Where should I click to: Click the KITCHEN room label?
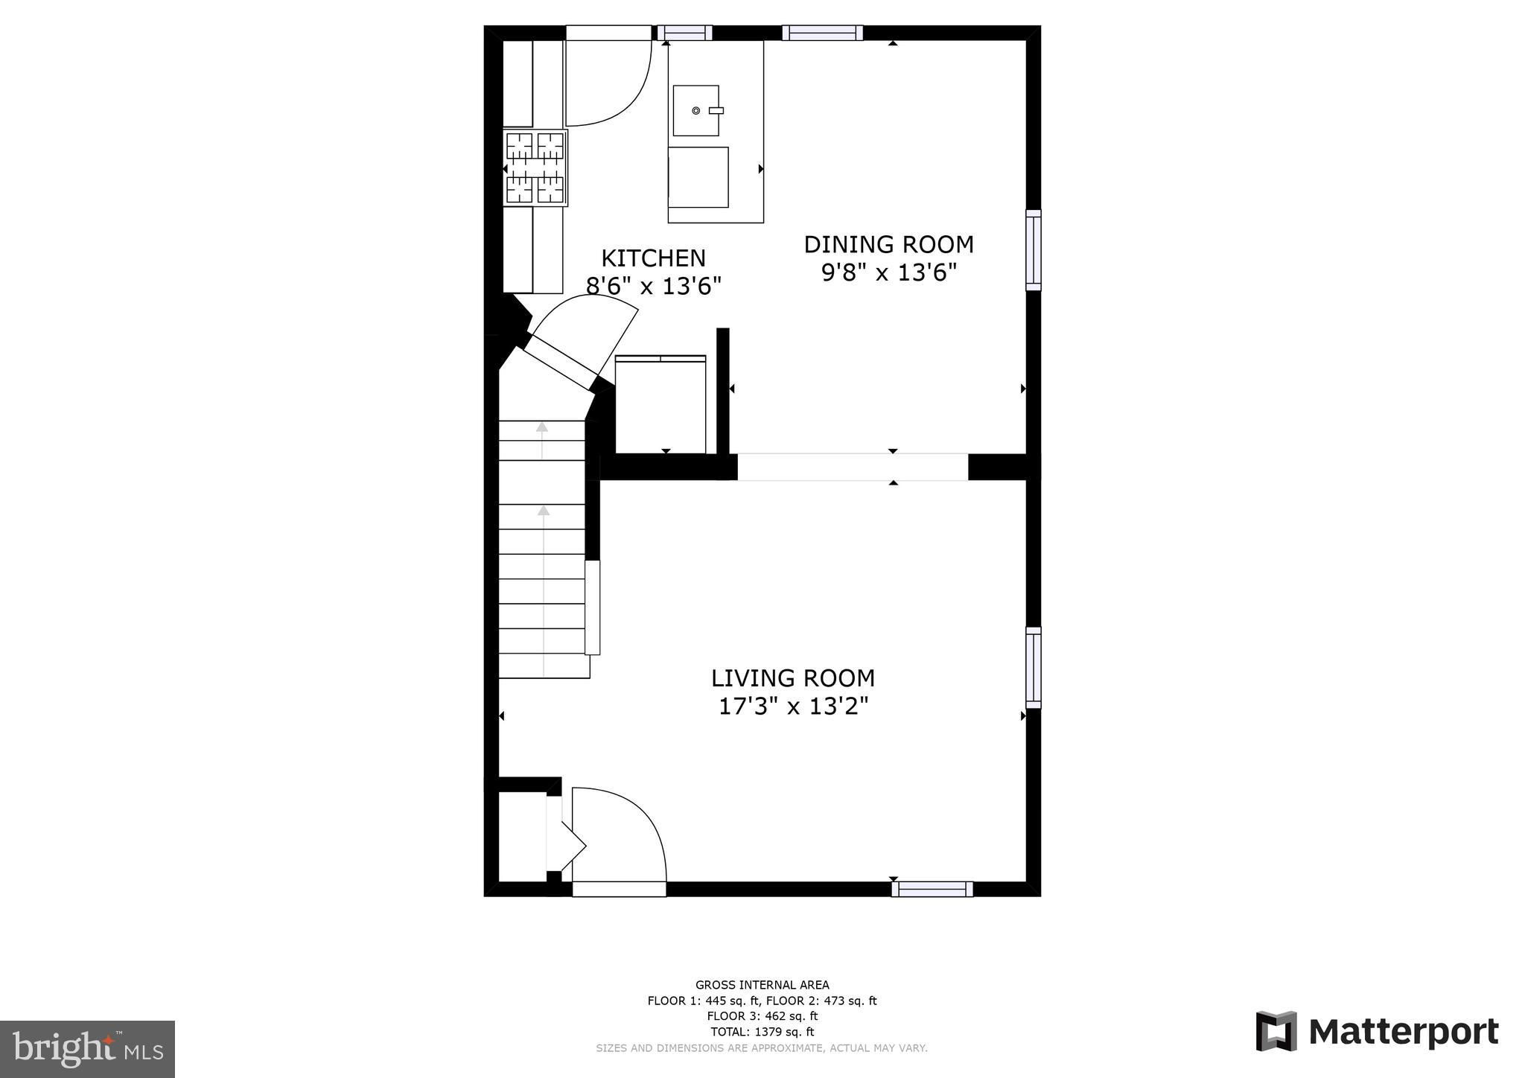[653, 258]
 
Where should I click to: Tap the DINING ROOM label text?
[888, 244]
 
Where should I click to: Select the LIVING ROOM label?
[792, 678]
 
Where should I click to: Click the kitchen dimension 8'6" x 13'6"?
[653, 286]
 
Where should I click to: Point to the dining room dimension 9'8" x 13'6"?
[888, 272]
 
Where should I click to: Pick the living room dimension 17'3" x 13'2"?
[793, 706]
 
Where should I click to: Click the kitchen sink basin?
[696, 110]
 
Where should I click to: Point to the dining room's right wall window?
[1034, 250]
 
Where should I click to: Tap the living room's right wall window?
[1034, 668]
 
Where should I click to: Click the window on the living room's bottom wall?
[932, 889]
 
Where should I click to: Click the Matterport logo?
[1378, 1032]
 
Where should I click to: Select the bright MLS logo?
[87, 1049]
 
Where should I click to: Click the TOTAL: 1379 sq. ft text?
[762, 1032]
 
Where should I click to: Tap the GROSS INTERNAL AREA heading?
[762, 985]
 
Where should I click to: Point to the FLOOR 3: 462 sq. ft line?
[762, 1016]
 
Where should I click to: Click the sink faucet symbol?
[716, 110]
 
